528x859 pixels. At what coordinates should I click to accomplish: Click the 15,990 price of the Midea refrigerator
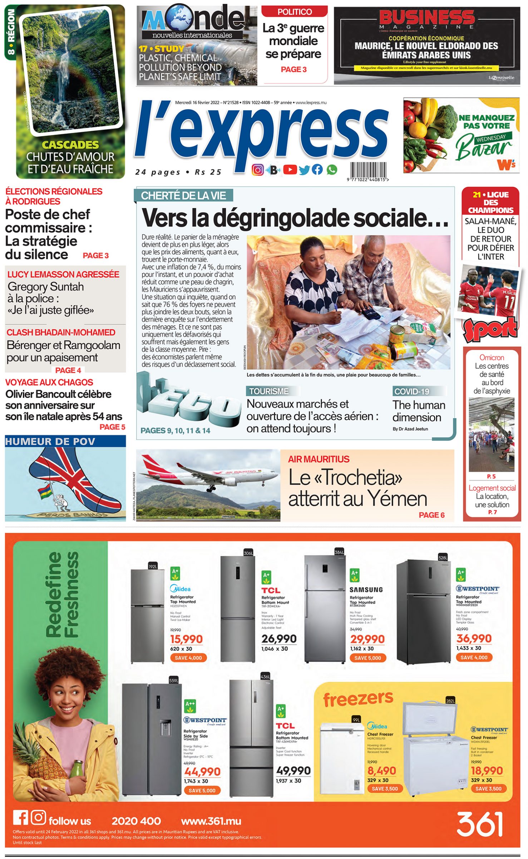coord(186,639)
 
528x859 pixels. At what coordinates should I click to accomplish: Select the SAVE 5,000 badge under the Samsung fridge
coord(367,658)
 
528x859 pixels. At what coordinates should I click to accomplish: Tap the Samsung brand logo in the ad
coord(366,589)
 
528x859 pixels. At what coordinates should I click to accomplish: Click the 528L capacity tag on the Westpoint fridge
coord(443,557)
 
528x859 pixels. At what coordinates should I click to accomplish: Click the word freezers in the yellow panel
coord(358,699)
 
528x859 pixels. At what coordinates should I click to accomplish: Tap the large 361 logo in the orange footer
coord(479,824)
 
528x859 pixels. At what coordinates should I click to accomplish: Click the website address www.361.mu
coord(211,821)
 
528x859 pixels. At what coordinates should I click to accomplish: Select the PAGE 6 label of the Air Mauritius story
coord(431,515)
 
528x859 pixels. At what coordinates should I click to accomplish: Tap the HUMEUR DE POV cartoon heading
coord(50,441)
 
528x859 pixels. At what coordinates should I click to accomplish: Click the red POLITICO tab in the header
coord(295,12)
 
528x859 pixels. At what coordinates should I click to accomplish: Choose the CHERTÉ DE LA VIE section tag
coord(183,195)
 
